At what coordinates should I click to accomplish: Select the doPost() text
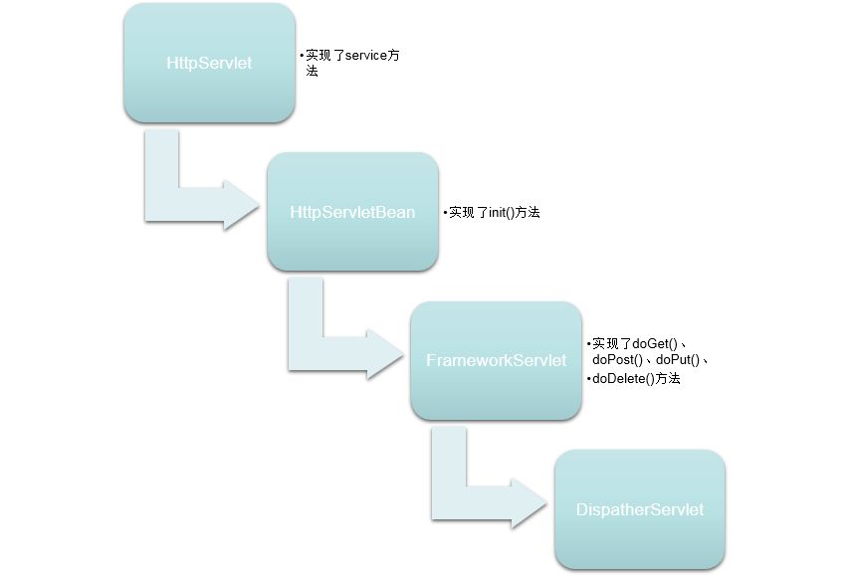point(617,360)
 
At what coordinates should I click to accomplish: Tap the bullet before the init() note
point(445,213)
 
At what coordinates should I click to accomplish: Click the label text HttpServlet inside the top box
point(209,64)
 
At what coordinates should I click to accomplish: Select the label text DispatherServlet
point(639,509)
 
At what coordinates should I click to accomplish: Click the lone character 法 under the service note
point(313,73)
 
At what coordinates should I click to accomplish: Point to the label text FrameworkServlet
point(496,360)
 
